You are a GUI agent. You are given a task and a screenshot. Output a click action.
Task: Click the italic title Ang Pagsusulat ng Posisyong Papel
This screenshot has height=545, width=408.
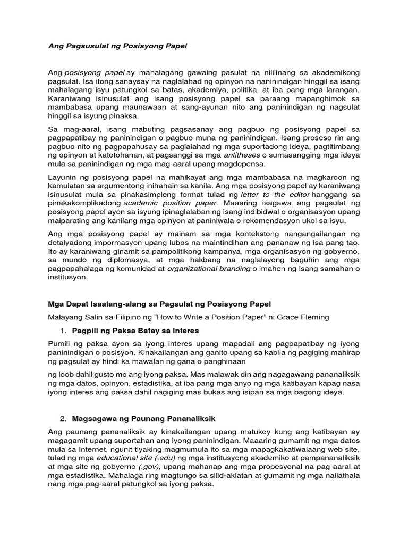[x=117, y=46]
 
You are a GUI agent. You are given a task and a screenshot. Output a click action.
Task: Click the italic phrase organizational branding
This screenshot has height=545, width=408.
[x=209, y=269]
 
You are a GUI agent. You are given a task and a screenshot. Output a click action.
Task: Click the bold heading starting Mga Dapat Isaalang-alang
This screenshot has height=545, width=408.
[x=159, y=304]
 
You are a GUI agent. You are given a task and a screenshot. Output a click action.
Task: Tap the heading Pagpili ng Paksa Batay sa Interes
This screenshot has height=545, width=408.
[x=135, y=331]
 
